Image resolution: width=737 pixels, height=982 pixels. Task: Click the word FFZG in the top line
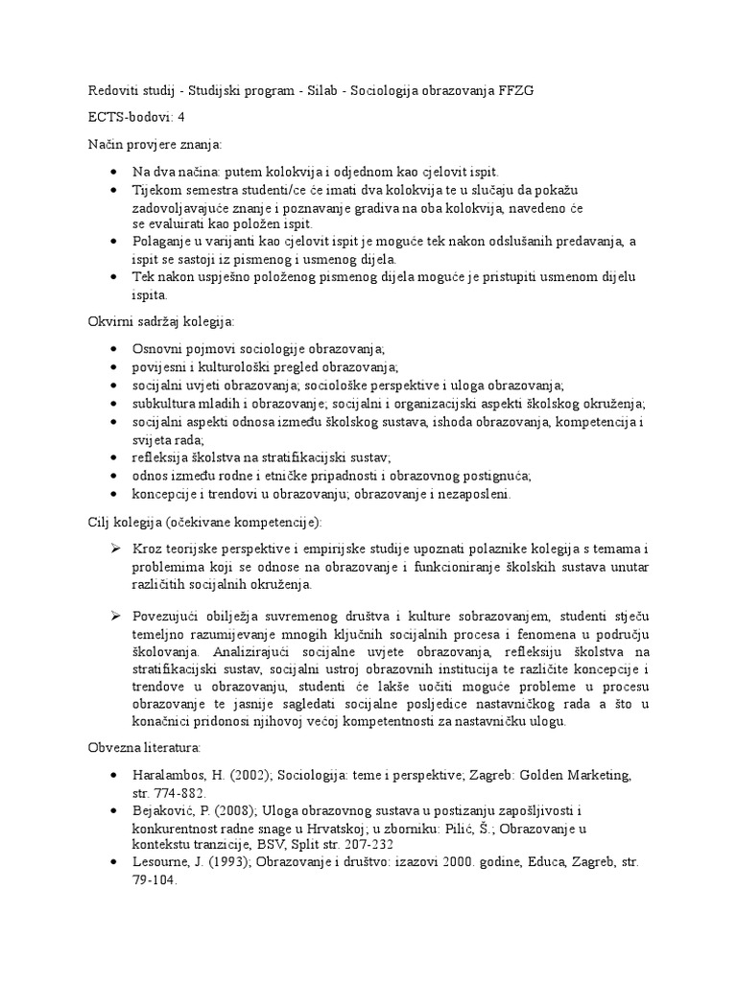[x=514, y=90]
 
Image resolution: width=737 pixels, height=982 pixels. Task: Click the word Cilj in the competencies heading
[x=98, y=521]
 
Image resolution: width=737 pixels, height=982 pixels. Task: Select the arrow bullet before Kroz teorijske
[x=113, y=548]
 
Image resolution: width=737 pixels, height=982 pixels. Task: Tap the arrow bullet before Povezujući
[x=113, y=613]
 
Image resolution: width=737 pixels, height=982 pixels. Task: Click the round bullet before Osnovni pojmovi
[x=113, y=348]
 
